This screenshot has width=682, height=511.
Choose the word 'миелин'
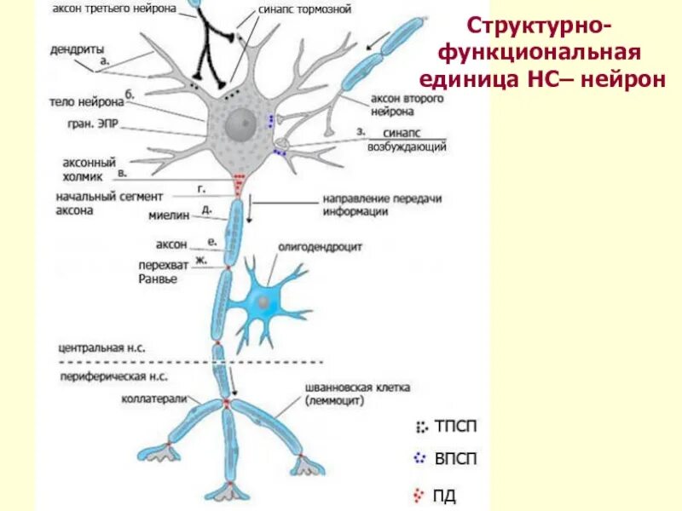[170, 217]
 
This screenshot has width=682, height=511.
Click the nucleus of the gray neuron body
[241, 129]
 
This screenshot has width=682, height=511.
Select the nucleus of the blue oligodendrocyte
[265, 302]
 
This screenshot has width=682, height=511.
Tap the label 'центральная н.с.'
[101, 348]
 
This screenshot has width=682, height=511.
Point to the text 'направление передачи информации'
[381, 204]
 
